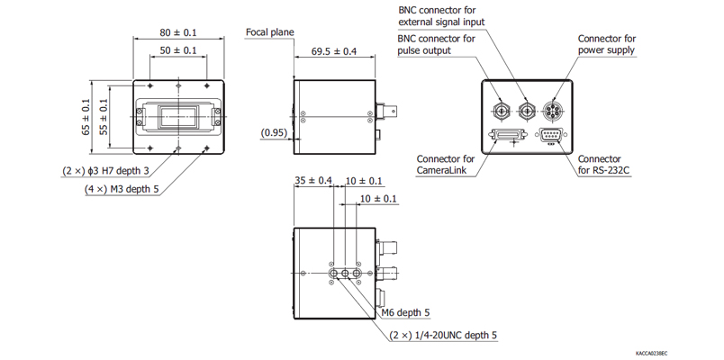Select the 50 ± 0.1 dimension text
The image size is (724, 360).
point(177,50)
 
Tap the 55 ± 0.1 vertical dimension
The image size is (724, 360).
point(103,117)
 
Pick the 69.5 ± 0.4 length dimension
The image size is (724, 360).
point(333,51)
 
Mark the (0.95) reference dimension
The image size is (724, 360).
point(274,133)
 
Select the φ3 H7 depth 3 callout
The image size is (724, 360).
point(105,170)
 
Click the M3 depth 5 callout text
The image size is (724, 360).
point(122,189)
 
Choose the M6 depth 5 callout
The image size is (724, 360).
point(406,312)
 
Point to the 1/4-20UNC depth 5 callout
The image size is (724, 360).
point(443,335)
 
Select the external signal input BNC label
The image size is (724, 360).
point(437,16)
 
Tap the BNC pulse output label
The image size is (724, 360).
point(437,44)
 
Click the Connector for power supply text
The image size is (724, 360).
point(606,44)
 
